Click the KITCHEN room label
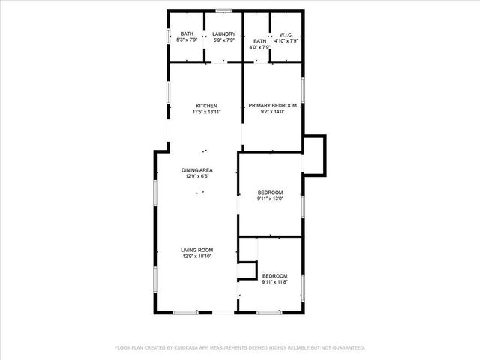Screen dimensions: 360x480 tap(207, 106)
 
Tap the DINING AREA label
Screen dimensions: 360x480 tap(196, 171)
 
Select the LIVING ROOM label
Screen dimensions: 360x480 tap(198, 250)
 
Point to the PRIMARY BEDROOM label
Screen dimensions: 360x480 tap(273, 106)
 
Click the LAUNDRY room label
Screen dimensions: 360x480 tap(224, 34)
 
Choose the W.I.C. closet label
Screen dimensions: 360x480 tap(285, 34)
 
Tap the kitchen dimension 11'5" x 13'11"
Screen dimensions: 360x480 tap(207, 112)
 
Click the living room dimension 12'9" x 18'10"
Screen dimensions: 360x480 tap(198, 256)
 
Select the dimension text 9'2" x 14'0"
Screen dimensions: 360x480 tap(273, 112)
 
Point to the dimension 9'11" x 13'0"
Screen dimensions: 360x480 tap(270, 199)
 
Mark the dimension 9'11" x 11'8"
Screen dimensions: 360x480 tap(275, 283)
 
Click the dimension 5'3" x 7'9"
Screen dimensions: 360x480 tap(187, 40)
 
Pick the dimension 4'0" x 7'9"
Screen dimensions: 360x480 tap(260, 47)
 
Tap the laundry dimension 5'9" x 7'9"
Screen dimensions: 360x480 tap(224, 40)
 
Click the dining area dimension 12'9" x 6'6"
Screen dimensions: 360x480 tap(196, 178)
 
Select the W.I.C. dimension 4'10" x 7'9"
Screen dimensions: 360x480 tap(285, 40)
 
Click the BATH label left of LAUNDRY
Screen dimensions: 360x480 tap(187, 34)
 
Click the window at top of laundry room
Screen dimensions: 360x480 tap(223, 10)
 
